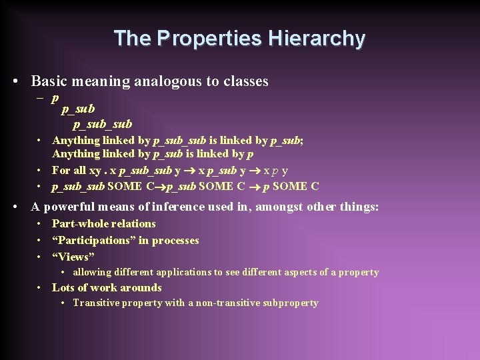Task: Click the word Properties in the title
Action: (209, 38)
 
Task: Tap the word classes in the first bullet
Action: (245, 81)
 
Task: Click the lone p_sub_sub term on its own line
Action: (103, 123)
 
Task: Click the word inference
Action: (179, 207)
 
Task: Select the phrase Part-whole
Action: (75, 223)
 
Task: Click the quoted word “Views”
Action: (73, 257)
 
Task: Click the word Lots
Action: (63, 287)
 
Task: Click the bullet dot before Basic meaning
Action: (15, 82)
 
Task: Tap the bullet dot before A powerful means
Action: (15, 207)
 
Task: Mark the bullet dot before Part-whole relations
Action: (41, 224)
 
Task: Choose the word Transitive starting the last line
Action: (95, 303)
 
